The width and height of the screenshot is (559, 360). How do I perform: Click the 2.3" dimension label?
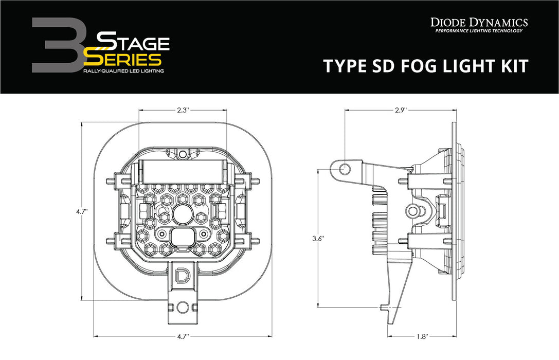tap(183, 110)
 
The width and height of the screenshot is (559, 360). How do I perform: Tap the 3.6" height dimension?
tap(318, 239)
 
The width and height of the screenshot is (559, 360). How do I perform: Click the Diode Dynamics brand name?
tap(478, 22)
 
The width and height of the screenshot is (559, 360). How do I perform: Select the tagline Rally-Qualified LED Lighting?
tap(123, 70)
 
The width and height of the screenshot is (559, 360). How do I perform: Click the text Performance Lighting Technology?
tap(478, 31)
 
